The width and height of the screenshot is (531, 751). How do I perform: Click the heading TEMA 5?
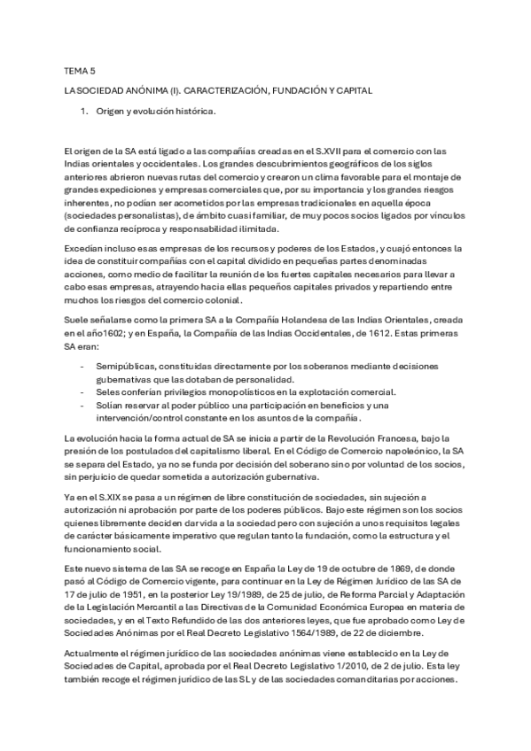[81, 70]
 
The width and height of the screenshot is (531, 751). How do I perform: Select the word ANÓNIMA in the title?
[148, 90]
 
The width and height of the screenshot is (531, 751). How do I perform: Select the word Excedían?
[84, 251]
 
